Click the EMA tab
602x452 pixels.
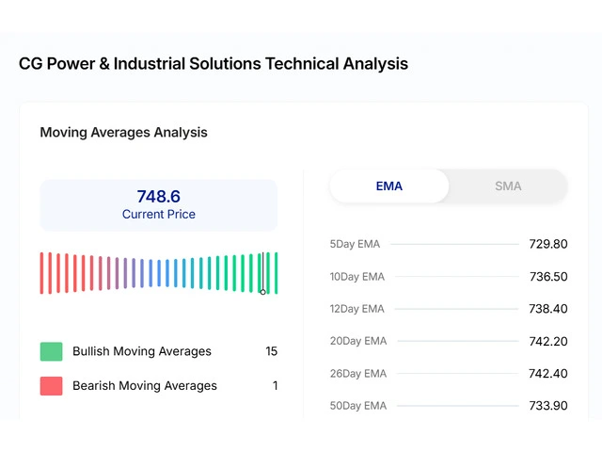(x=388, y=186)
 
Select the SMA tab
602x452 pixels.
(x=508, y=186)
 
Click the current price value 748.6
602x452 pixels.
(x=158, y=197)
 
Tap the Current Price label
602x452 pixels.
(x=158, y=215)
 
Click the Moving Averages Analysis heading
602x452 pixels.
(x=123, y=133)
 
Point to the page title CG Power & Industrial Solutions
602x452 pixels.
(x=214, y=64)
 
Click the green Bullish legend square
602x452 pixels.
(x=51, y=351)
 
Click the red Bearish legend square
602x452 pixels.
(x=51, y=385)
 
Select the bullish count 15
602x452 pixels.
(x=271, y=351)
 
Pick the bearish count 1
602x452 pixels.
(x=275, y=385)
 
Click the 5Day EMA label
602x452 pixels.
(x=355, y=244)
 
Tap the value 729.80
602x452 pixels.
(x=547, y=244)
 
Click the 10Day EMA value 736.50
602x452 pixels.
(x=547, y=277)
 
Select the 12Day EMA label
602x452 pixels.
(x=356, y=309)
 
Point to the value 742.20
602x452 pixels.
(x=547, y=341)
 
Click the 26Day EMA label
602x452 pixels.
(x=357, y=374)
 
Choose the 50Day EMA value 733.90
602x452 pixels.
(x=547, y=406)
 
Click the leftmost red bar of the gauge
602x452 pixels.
(x=41, y=273)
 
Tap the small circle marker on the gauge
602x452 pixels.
(x=262, y=291)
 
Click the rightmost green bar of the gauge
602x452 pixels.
(x=276, y=273)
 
